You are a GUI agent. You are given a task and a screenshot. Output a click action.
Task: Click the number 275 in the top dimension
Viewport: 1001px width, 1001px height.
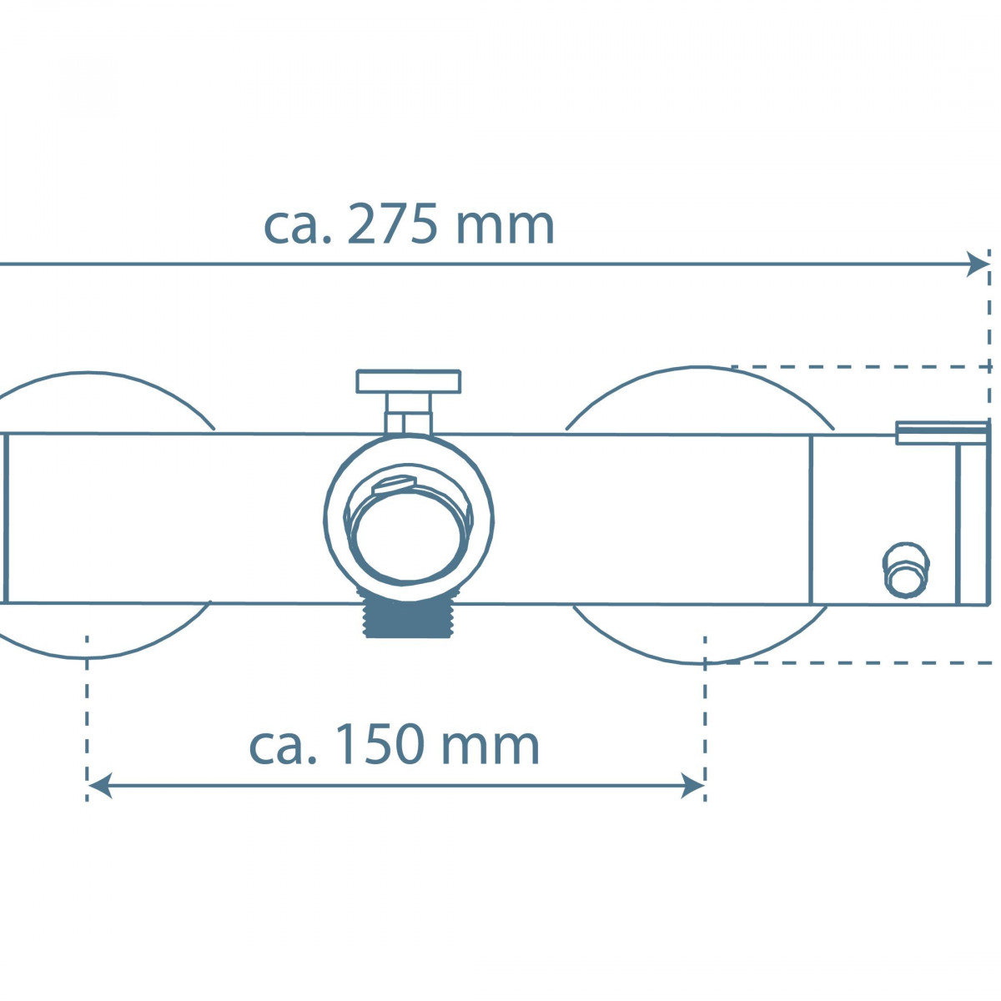click(x=391, y=225)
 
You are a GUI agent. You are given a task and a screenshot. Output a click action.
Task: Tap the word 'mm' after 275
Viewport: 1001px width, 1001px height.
click(x=506, y=225)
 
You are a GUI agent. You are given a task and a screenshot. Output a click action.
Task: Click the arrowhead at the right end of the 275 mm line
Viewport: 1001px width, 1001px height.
click(x=978, y=264)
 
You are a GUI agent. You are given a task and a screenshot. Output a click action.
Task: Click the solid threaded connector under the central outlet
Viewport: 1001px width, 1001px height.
click(x=408, y=621)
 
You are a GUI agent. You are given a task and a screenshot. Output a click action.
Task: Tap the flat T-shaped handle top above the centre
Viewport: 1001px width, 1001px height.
click(x=408, y=381)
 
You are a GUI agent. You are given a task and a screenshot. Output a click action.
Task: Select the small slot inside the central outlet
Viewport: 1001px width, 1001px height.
click(x=393, y=485)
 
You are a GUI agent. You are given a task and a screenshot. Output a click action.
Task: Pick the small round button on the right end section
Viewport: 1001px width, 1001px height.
click(x=904, y=569)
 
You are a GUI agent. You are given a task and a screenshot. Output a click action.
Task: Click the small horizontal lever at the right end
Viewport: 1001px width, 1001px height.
click(x=940, y=433)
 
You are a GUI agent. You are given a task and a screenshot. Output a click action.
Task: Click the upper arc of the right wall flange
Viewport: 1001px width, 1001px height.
click(x=701, y=369)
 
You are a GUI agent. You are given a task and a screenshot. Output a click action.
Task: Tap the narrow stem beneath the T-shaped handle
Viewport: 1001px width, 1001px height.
click(x=408, y=413)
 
